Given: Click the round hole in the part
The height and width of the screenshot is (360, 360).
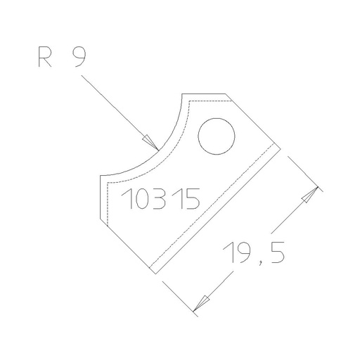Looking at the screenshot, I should [215, 136].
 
